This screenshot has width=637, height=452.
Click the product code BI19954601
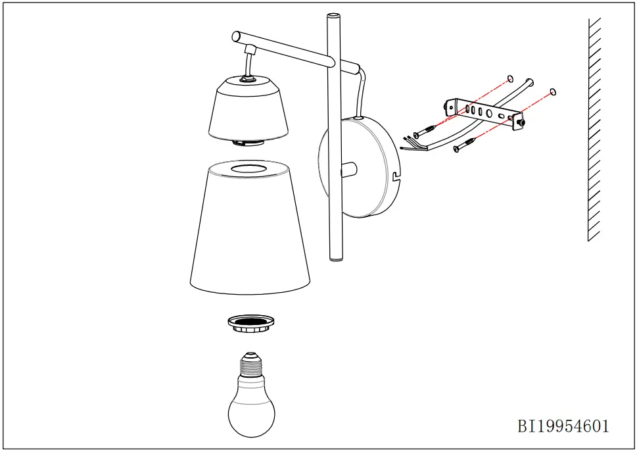(x=563, y=426)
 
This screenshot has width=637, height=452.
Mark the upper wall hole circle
(x=509, y=79)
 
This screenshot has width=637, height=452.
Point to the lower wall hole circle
(x=552, y=92)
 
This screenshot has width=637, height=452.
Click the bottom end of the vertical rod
(x=336, y=259)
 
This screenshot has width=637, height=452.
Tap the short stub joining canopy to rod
(x=348, y=169)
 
